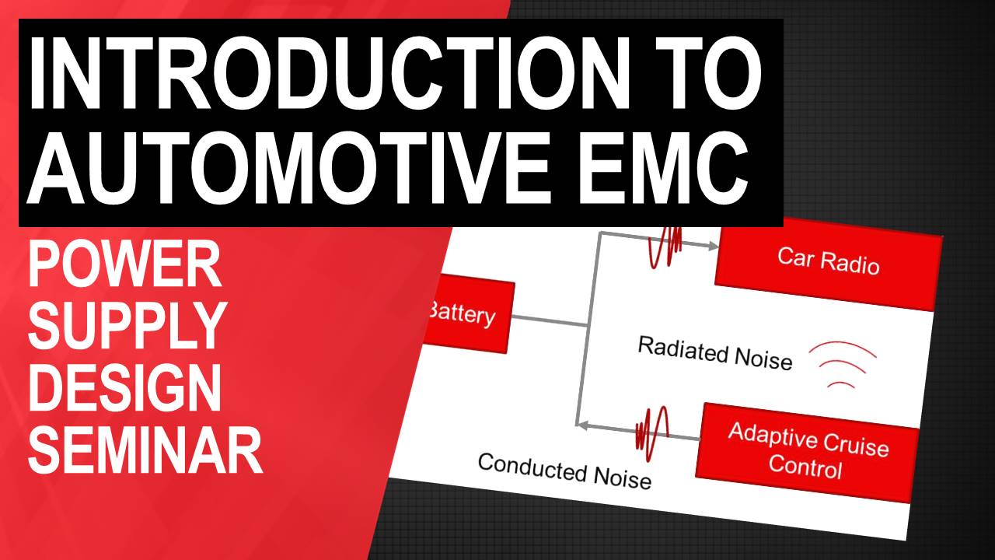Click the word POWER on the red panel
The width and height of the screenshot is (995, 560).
click(124, 265)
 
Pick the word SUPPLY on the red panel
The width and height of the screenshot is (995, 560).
click(127, 326)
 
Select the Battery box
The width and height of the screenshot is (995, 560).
click(466, 313)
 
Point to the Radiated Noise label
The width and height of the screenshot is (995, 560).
click(714, 353)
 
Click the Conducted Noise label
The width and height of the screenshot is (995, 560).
click(564, 471)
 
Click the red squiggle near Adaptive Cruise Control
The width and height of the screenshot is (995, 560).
click(652, 433)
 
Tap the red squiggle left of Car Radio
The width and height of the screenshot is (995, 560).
click(665, 247)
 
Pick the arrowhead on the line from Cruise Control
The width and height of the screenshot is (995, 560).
click(582, 425)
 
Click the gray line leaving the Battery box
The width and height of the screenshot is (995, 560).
click(550, 320)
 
